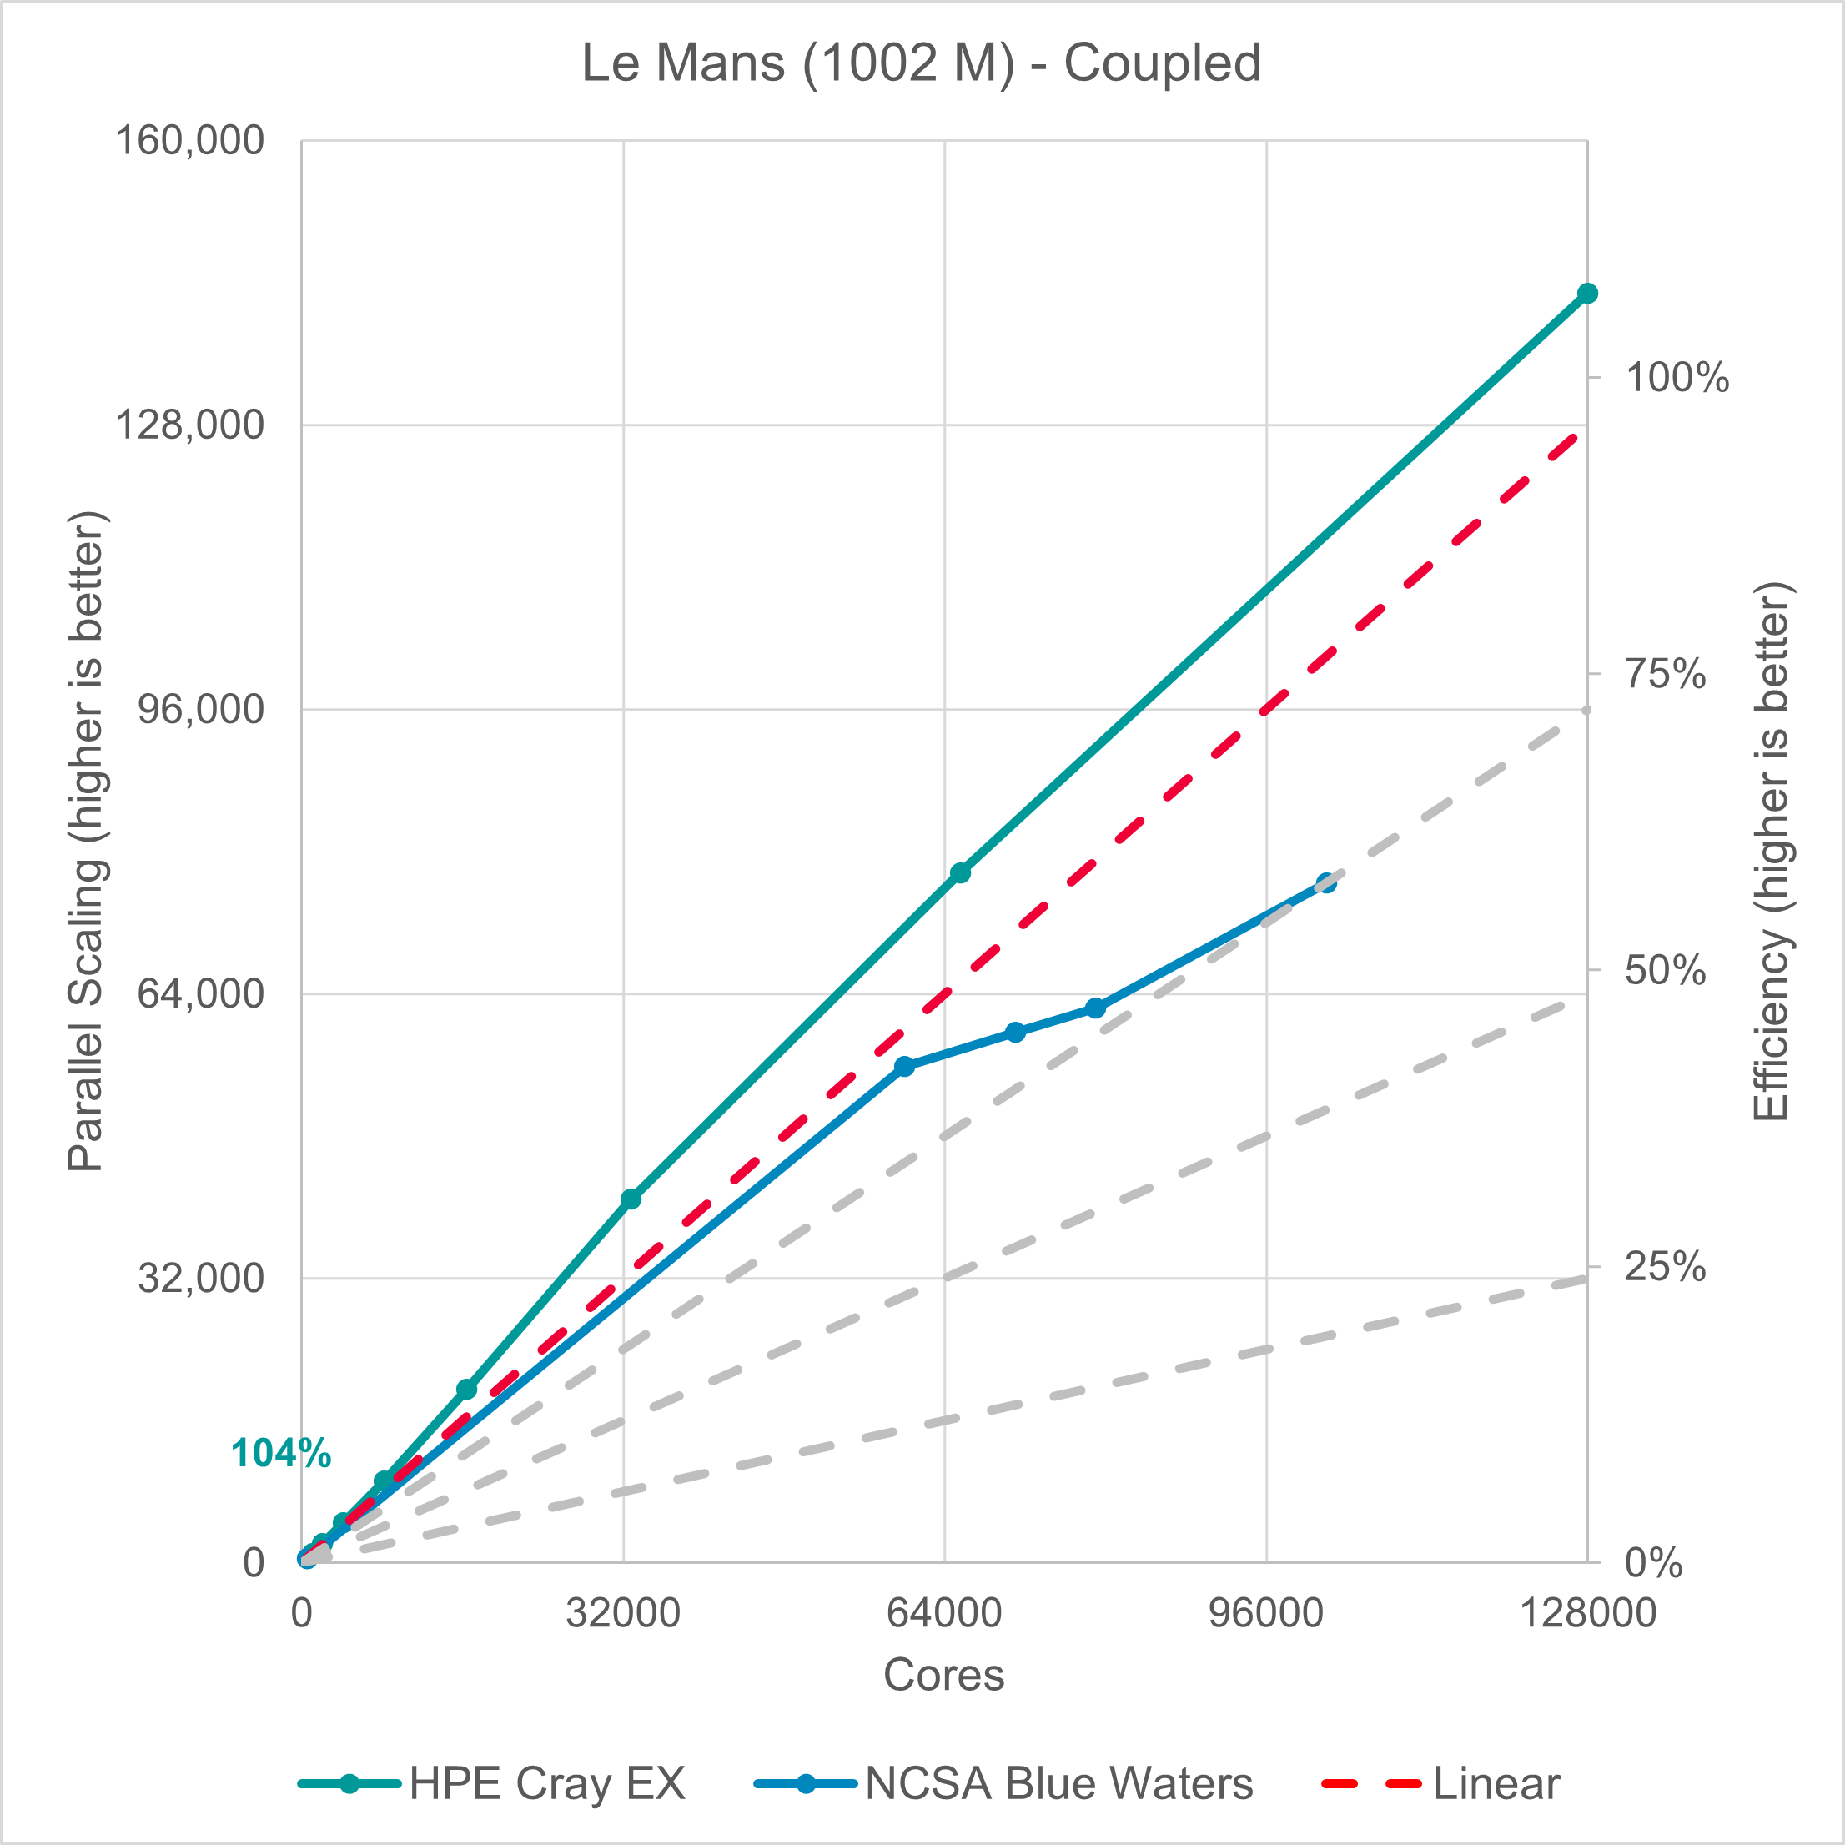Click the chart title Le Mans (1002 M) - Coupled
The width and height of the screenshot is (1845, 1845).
922,64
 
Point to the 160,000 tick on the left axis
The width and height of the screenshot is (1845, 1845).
189,140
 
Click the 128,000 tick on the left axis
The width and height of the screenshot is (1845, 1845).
189,424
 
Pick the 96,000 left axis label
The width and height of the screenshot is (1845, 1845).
200,709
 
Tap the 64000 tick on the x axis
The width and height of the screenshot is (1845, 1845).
943,1613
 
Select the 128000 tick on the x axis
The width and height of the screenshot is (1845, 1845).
1587,1613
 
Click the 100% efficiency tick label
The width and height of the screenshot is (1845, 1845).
1677,378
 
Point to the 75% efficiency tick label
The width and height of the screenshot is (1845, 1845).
1666,674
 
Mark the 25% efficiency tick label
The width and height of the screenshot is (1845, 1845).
1666,1267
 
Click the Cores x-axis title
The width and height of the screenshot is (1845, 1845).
943,1675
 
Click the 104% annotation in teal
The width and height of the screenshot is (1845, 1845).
281,1455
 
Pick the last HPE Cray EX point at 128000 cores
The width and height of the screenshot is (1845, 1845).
1587,293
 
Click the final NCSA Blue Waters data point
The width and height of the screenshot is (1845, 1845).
1326,882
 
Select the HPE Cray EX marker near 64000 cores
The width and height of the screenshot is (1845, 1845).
960,872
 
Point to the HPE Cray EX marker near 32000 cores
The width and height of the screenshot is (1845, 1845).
631,1199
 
